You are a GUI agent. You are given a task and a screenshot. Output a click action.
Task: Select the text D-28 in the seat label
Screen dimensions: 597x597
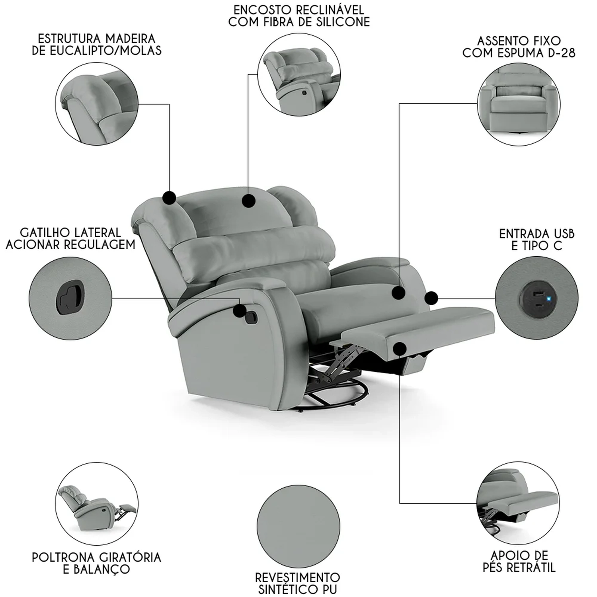[561, 53]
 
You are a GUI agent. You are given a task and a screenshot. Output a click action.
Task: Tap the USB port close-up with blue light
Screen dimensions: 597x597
[537, 298]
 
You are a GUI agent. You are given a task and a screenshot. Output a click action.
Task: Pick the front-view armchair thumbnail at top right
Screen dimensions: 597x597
[519, 104]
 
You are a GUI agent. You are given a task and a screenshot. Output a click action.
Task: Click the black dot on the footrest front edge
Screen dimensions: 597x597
[400, 349]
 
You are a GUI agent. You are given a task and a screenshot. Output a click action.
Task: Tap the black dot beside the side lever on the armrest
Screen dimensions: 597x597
[240, 311]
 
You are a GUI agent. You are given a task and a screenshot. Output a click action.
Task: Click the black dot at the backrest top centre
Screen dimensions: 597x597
[249, 201]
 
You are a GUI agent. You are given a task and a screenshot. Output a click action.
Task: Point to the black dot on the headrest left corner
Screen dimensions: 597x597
[170, 198]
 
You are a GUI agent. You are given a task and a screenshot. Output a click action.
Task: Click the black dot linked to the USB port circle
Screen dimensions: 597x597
[431, 298]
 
